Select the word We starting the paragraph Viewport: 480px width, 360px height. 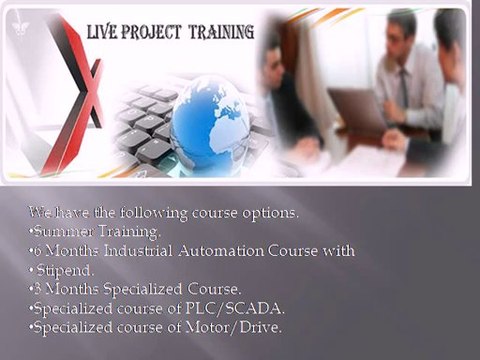coord(39,212)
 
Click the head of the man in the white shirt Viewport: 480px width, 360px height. coord(402,30)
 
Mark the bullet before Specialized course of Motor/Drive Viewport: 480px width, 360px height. coord(31,328)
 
